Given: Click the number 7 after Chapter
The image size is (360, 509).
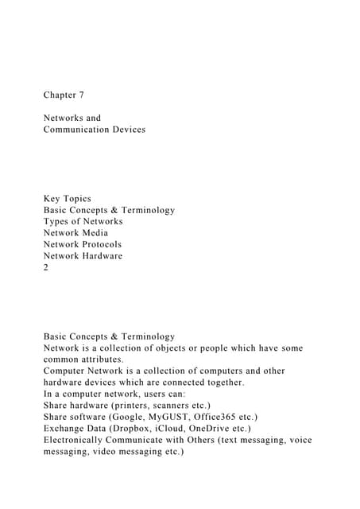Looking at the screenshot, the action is click(x=81, y=95).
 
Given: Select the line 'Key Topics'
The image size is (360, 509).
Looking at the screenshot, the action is click(x=68, y=199).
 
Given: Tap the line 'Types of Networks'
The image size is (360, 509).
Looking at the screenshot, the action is click(x=83, y=221).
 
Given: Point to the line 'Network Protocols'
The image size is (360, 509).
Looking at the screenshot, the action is click(x=83, y=244).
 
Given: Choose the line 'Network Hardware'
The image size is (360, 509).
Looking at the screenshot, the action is click(x=83, y=256).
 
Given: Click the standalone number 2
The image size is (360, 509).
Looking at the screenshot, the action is click(x=47, y=267).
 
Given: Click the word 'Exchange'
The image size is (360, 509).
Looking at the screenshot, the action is click(x=67, y=428).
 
